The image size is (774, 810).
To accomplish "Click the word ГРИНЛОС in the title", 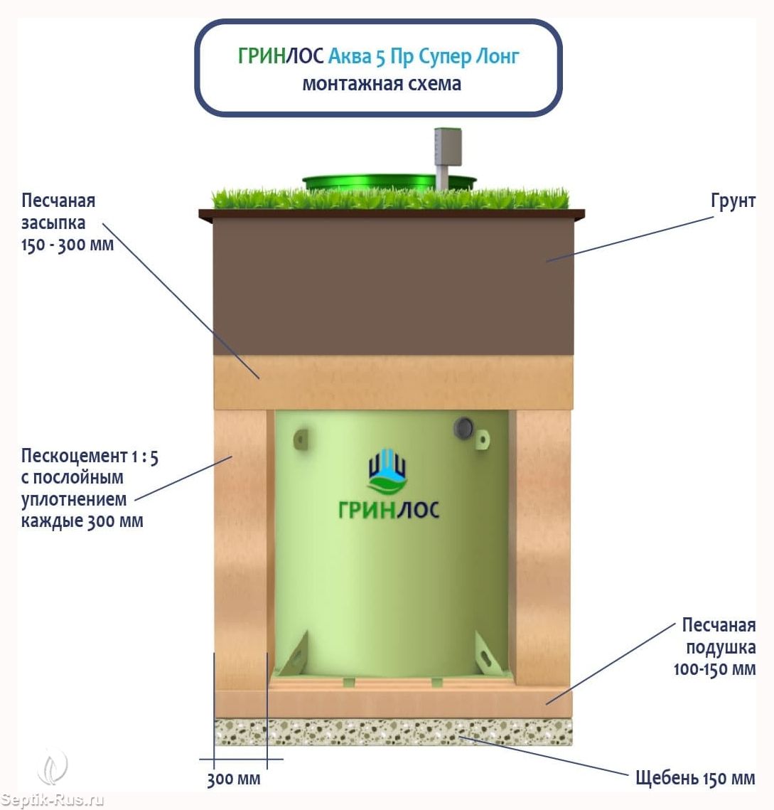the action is point(281,55).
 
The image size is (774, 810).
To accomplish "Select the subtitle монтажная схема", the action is point(382,84).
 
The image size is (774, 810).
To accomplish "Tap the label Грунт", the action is point(733,201).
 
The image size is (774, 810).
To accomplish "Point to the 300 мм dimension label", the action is point(233,779).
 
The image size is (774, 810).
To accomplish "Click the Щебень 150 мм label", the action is point(695,777).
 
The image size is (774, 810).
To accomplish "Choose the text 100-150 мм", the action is point(714,669).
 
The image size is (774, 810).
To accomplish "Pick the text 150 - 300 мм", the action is point(67,245).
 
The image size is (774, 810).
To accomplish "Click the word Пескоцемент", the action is point(75,456).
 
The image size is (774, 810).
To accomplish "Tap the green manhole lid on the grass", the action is point(388,182).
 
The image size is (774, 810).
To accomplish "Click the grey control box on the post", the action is point(447,146).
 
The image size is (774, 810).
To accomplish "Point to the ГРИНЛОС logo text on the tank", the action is point(388,510).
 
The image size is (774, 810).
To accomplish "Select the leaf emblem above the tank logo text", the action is point(387,471).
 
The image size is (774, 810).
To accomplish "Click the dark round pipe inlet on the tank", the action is point(463,427).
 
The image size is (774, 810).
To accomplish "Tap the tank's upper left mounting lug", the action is point(301,439).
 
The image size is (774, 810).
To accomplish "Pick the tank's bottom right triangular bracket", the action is point(488,654).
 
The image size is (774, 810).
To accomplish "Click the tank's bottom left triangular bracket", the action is point(294,654).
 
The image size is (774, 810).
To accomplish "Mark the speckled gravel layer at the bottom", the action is point(393,732).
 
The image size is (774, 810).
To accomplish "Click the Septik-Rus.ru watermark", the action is point(52,800).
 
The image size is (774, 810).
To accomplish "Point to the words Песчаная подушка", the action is point(719,636).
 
